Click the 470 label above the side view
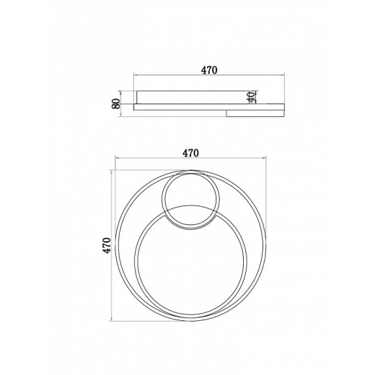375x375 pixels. pos(209,70)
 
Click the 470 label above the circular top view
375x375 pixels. pos(190,153)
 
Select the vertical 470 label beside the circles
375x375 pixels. pos(107,245)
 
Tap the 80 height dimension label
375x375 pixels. pos(115,104)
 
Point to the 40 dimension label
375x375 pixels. pos(252,97)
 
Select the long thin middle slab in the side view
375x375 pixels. pos(209,107)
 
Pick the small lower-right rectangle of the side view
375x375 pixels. pos(255,113)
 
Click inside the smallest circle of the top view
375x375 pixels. pos(190,200)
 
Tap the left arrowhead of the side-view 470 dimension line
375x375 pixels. pos(136,75)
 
